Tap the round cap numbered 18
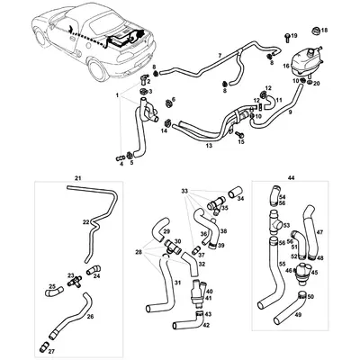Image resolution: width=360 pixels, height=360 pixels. click(314, 31)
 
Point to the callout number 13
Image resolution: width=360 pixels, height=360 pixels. click(208, 145)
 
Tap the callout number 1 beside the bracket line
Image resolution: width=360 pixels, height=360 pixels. click(115, 94)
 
